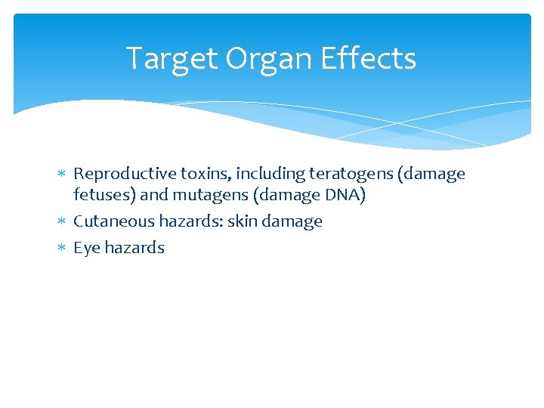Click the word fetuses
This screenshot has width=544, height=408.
pyautogui.click(x=104, y=196)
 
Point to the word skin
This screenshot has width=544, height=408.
pyautogui.click(x=240, y=222)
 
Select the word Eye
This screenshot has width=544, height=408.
pyautogui.click(x=85, y=249)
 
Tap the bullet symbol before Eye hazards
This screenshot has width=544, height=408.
pyautogui.click(x=62, y=249)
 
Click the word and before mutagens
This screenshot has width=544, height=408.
pyautogui.click(x=154, y=196)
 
